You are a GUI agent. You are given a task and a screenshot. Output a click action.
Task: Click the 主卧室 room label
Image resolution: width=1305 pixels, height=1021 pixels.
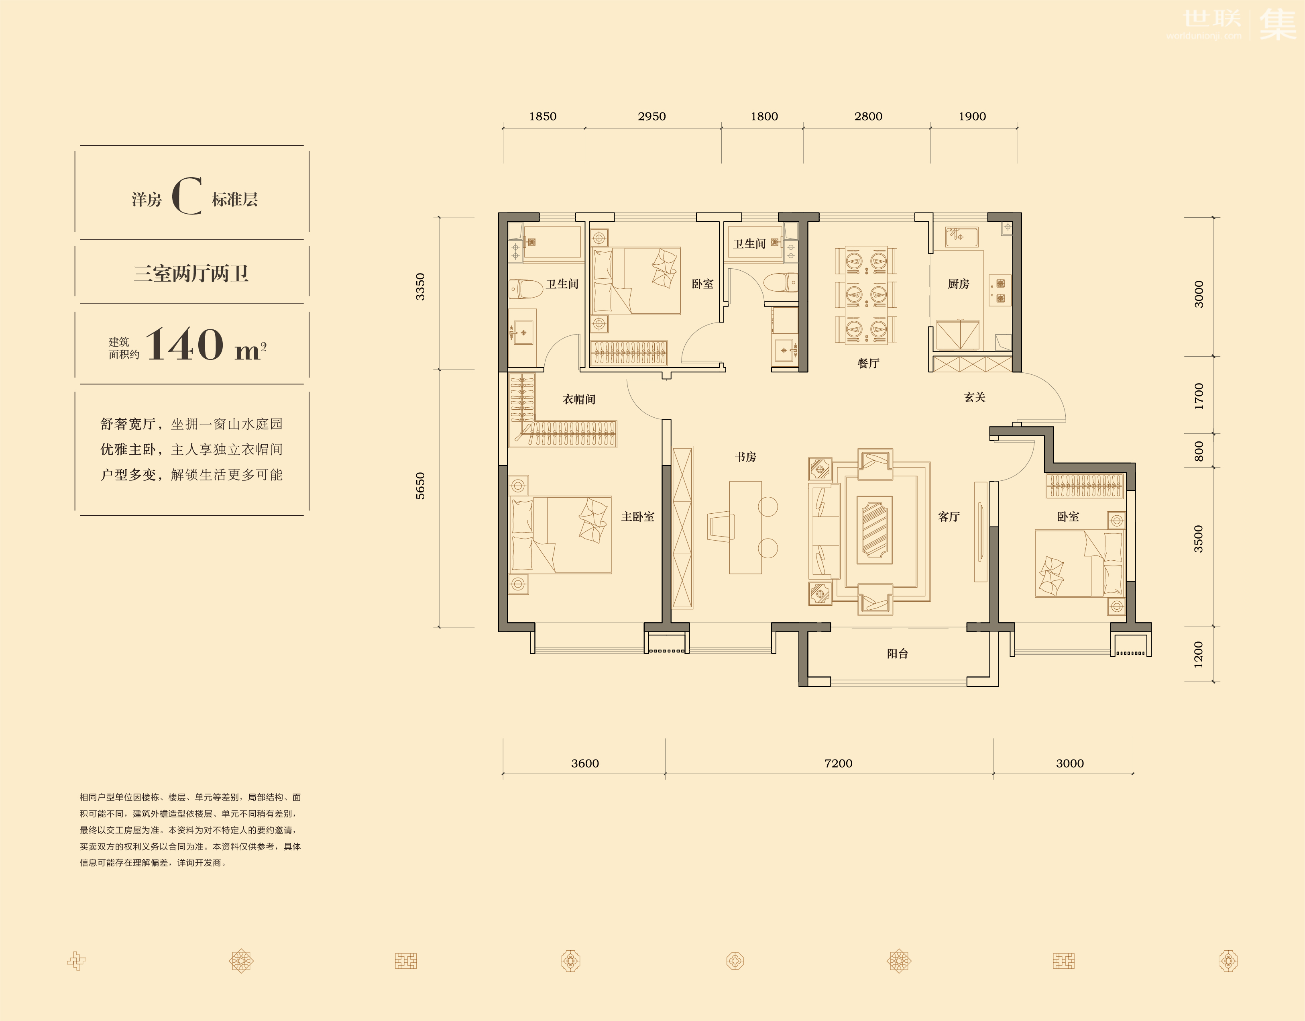coord(637,517)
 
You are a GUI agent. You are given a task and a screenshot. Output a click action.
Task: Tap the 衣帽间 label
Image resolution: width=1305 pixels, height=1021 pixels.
coord(579,399)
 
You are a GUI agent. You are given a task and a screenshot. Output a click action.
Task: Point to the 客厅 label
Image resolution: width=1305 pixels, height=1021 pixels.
coord(949,517)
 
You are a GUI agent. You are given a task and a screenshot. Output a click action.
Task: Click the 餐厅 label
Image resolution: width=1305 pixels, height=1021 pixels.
coord(868,363)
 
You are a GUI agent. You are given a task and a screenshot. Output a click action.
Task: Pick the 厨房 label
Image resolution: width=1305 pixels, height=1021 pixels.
coord(959,284)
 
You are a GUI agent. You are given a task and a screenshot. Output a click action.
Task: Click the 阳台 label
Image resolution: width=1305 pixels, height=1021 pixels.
coord(898,654)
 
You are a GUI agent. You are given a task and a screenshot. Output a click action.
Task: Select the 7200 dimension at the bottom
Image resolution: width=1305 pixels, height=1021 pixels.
coord(838,764)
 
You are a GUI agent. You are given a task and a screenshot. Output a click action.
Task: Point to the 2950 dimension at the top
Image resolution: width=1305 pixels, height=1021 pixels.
coord(652,116)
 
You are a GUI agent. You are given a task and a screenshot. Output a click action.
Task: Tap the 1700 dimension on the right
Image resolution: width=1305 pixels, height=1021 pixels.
coord(1199,396)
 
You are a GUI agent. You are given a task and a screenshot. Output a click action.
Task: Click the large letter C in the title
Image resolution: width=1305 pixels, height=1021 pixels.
coord(187,196)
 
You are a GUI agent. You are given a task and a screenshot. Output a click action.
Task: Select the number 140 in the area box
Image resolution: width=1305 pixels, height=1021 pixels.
coord(185,344)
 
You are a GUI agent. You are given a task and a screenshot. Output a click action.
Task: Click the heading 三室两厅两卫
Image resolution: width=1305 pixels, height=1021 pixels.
coord(191,274)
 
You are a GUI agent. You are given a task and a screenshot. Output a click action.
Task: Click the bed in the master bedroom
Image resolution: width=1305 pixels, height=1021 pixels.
coord(560,535)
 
